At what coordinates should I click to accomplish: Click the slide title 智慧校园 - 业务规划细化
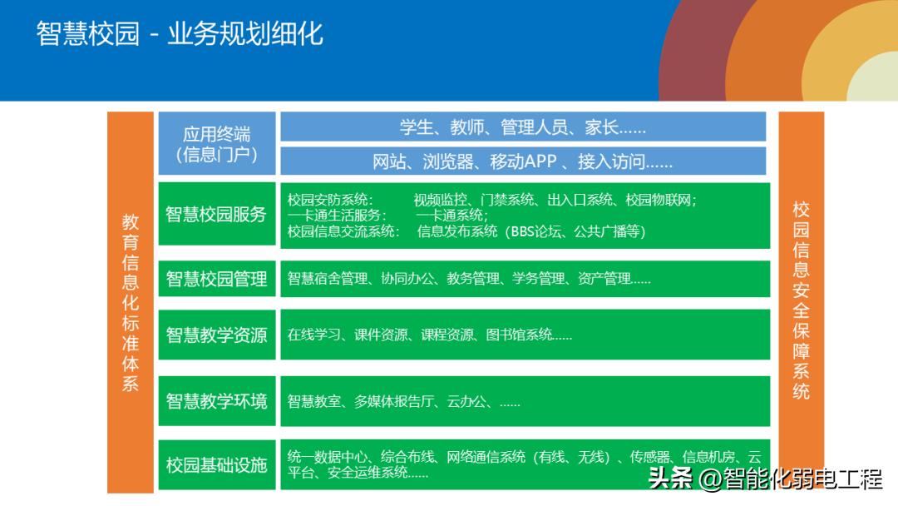tap(180, 33)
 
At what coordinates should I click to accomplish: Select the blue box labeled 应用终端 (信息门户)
tap(216, 144)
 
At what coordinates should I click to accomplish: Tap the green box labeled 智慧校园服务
tap(216, 215)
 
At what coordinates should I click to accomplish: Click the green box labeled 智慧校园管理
tap(216, 279)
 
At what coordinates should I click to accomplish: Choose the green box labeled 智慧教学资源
tap(216, 335)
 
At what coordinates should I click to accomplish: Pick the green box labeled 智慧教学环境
tap(216, 401)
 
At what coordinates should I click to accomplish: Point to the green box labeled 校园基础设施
tap(216, 464)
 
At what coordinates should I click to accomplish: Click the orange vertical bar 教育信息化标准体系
tap(131, 302)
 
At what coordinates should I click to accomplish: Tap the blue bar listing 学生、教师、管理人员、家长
tap(523, 126)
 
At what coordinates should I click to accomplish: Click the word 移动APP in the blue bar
tap(523, 161)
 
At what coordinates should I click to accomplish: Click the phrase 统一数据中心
tap(328, 457)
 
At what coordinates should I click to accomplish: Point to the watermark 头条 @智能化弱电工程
tap(764, 480)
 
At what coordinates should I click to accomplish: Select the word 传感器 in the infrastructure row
tap(650, 457)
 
